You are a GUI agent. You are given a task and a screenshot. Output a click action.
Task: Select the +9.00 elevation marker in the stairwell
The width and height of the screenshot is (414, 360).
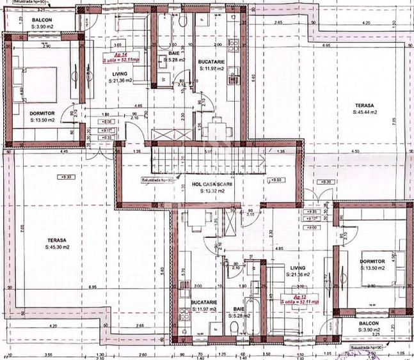[x=277, y=181]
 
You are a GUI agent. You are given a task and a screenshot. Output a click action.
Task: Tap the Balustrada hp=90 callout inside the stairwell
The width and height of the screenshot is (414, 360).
[x=158, y=180]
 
